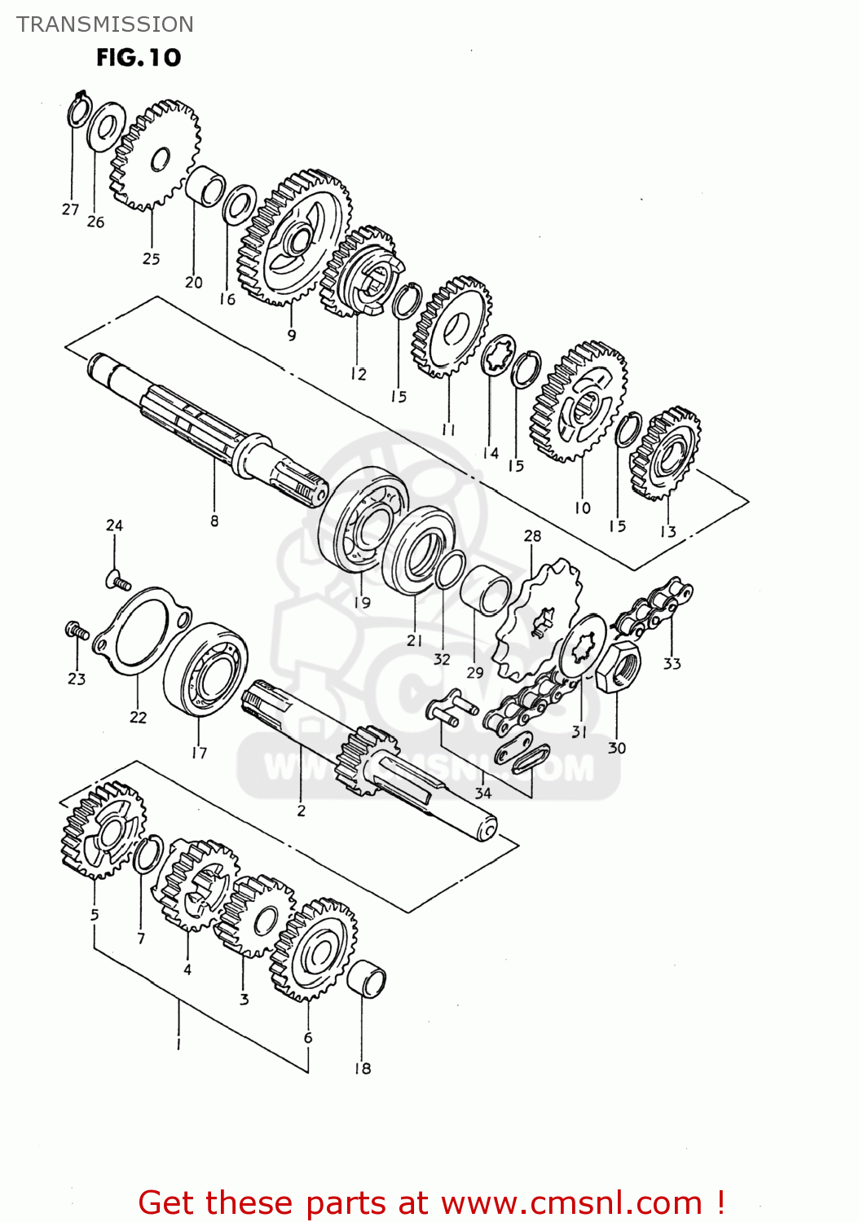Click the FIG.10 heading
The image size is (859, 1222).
pyautogui.click(x=139, y=58)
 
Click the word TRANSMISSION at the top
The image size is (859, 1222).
pyautogui.click(x=105, y=24)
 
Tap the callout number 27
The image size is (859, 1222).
pyautogui.click(x=70, y=209)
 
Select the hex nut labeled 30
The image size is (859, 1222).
pyautogui.click(x=618, y=666)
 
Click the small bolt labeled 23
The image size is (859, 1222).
pyautogui.click(x=77, y=630)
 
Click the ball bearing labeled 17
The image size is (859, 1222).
pyautogui.click(x=206, y=670)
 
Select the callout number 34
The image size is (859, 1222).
pyautogui.click(x=483, y=793)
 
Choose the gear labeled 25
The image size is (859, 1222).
pyautogui.click(x=156, y=156)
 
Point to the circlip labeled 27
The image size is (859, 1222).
pyautogui.click(x=78, y=110)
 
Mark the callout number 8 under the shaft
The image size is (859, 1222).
pyautogui.click(x=214, y=521)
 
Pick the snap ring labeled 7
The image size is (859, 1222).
pyautogui.click(x=148, y=854)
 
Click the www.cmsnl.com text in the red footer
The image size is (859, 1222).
pyautogui.click(x=570, y=1203)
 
